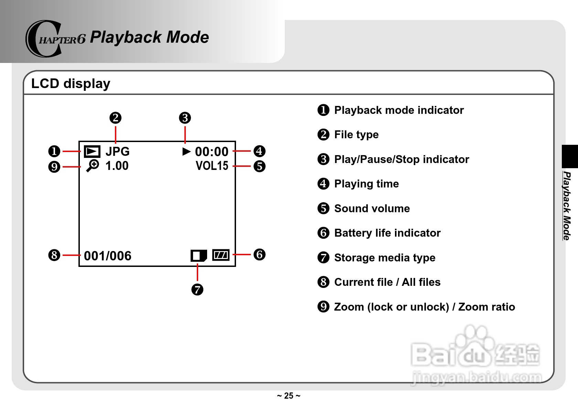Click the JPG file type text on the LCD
tap(117, 151)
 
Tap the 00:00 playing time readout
tap(212, 152)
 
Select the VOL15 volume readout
tap(212, 166)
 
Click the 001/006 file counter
tap(108, 256)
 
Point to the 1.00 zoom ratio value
tap(117, 166)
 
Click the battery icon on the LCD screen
tap(221, 255)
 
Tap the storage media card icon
tap(199, 256)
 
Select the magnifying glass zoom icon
tap(92, 165)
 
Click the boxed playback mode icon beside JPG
tap(92, 151)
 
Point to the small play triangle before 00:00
tap(186, 151)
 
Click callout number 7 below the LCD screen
tap(197, 289)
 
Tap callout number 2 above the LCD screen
tap(116, 118)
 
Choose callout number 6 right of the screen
tap(259, 255)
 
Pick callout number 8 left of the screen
tap(54, 255)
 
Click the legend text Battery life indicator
tap(387, 233)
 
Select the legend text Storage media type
tap(385, 258)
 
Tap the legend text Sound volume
tap(372, 208)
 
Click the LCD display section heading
tap(71, 84)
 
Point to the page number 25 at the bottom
tap(289, 396)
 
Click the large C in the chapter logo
tap(43, 39)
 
